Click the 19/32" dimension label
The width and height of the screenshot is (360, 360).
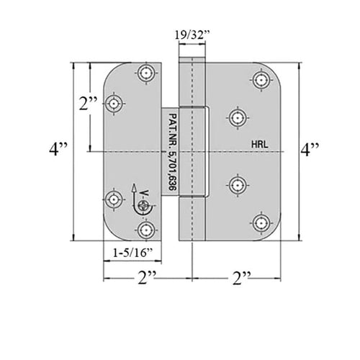pos(192,35)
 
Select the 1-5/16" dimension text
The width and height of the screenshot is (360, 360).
pos(133,253)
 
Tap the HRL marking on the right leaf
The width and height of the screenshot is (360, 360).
pos(260,145)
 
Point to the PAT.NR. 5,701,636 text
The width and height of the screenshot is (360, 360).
pos(173,152)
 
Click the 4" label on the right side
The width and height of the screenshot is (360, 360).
pos(310,150)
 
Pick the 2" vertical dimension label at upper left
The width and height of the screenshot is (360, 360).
pos(88,104)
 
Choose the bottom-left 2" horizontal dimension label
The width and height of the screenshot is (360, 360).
pos(147,278)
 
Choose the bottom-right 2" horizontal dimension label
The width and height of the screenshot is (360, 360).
pos(241,278)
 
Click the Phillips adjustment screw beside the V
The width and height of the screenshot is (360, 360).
pos(144,206)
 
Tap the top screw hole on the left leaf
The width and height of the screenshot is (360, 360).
pos(146,72)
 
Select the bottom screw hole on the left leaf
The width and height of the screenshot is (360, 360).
pos(146,230)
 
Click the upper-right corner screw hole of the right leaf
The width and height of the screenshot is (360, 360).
pos(261,79)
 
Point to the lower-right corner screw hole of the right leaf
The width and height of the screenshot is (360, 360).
pos(261,223)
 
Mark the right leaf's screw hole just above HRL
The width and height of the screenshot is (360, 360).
pos(238,118)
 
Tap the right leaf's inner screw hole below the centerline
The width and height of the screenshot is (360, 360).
pos(238,185)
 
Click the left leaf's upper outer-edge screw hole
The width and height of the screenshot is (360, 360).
pos(114,104)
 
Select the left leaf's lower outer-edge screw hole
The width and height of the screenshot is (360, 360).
pos(114,199)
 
